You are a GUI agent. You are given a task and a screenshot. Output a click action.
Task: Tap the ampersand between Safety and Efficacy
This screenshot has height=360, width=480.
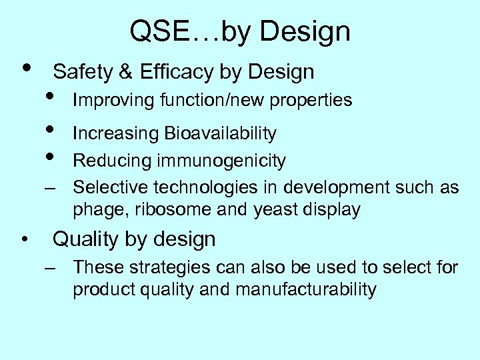point(127,71)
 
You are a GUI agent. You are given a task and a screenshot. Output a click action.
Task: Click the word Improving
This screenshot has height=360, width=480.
point(103,101)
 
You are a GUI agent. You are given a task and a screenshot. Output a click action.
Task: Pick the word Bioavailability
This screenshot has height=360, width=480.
point(219,133)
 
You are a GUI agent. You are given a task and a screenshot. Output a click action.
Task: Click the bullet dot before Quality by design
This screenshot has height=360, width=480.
point(24,239)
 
